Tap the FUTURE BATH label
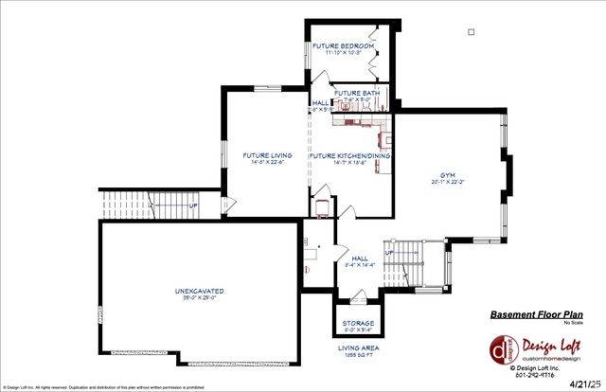pyautogui.click(x=357, y=93)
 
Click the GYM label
pyautogui.click(x=449, y=175)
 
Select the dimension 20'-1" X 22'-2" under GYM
pyautogui.click(x=449, y=183)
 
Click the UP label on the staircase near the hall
pyautogui.click(x=388, y=253)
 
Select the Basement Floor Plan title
pyautogui.click(x=536, y=314)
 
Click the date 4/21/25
pyautogui.click(x=584, y=383)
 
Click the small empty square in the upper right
pyautogui.click(x=471, y=31)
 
